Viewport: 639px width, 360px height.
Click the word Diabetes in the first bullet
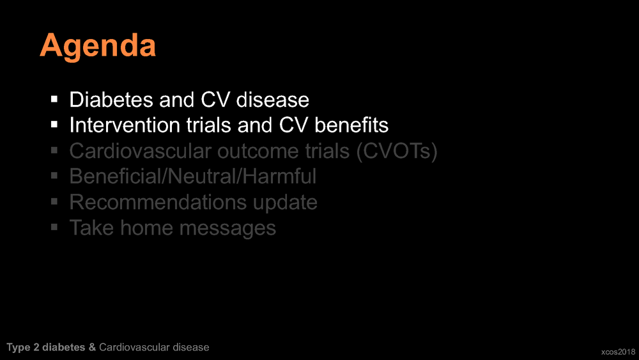111,100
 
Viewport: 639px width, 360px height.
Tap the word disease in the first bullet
273,100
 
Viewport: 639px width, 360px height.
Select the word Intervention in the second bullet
125,125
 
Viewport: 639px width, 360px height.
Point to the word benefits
351,125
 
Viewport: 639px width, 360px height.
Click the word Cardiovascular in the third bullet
140,151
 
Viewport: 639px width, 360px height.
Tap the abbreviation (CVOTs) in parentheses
397,152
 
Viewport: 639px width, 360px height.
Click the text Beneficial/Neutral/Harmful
193,176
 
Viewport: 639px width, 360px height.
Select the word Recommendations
158,202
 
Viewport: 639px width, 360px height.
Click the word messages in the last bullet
228,228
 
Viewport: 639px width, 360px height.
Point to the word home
147,228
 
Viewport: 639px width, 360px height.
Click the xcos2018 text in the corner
618,352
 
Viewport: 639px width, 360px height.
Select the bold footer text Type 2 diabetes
46,347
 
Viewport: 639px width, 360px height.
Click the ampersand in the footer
92,347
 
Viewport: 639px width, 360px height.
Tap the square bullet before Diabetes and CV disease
54,99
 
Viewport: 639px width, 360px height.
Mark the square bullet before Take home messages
54,227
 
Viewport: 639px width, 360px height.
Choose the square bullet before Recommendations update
54,201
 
